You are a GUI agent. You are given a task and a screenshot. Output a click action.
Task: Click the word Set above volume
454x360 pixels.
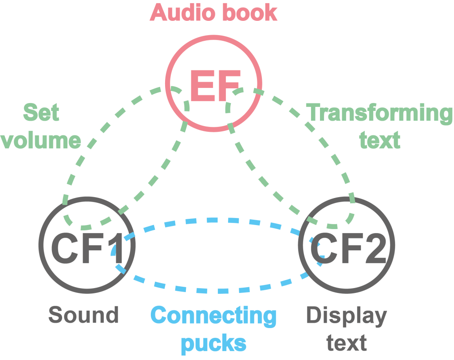[41, 113]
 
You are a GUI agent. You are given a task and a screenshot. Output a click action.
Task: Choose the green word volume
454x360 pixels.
[41, 140]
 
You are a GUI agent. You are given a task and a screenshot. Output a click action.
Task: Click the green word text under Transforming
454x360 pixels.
[380, 140]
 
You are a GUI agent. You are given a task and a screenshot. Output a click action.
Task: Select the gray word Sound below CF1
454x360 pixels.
[84, 315]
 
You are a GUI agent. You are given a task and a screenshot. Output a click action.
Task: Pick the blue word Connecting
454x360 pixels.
[214, 316]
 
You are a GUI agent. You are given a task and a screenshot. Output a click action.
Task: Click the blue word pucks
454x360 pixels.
[214, 343]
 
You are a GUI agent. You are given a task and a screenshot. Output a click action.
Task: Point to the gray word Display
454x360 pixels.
[347, 316]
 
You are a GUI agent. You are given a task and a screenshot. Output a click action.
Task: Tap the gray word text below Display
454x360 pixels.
[347, 343]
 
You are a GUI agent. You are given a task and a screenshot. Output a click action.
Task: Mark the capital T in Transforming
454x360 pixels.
[314, 113]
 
